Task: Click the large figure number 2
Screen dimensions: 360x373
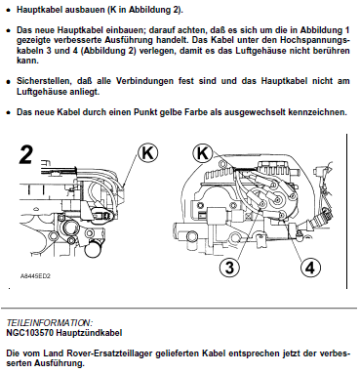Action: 26,155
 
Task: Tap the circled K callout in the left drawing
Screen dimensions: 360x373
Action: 148,153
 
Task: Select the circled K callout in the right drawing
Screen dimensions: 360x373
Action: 203,153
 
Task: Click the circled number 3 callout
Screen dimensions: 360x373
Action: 229,268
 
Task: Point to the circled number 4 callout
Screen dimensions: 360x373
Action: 310,268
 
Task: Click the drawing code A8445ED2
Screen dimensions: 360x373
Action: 35,276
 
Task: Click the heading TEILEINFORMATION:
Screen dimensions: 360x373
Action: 50,323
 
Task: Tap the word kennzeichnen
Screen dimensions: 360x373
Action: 320,112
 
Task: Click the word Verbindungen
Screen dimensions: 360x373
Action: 144,81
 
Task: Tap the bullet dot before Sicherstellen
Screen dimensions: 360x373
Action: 9,81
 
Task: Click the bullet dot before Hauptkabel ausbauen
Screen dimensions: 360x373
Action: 9,10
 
